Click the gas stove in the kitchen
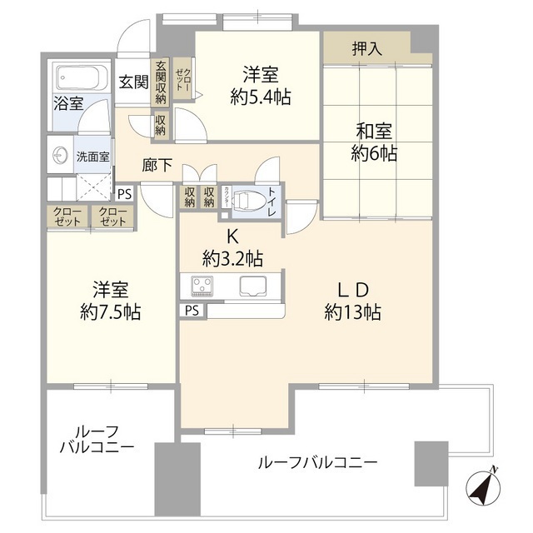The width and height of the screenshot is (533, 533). [x=202, y=286]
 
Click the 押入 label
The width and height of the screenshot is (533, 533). [x=366, y=49]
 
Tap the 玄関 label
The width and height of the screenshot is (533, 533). [x=132, y=82]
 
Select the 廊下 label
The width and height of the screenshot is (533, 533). [x=157, y=166]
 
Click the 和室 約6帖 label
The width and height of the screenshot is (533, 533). [x=374, y=142]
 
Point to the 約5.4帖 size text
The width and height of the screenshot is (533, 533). [x=260, y=97]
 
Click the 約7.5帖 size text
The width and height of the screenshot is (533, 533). [x=110, y=312]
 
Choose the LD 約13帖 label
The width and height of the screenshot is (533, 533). [x=352, y=301]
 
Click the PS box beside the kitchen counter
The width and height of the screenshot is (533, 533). [x=192, y=311]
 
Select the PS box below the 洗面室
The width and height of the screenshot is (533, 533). [x=124, y=194]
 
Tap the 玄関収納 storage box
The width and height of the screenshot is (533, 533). [x=160, y=84]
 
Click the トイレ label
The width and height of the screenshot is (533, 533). [x=272, y=202]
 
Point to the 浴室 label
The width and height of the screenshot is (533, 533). [x=68, y=103]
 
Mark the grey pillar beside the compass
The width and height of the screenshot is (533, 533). [x=431, y=463]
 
